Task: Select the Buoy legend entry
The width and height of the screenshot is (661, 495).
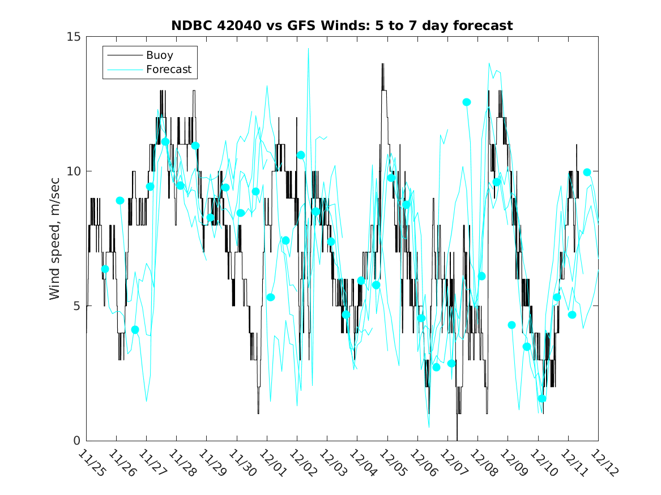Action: [159, 55]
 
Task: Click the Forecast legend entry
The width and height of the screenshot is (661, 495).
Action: [168, 70]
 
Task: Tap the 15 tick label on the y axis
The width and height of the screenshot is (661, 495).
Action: [75, 37]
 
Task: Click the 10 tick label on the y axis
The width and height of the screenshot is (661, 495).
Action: [75, 171]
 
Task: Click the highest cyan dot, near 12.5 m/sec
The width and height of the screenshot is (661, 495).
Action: [467, 102]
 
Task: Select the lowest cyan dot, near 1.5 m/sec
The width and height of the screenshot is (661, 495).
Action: [542, 398]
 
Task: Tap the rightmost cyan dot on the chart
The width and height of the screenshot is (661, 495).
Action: [587, 172]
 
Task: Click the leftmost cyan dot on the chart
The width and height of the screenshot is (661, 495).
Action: [105, 269]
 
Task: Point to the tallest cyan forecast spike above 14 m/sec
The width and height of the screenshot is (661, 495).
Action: [309, 49]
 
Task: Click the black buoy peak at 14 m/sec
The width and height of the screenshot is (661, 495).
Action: [382, 64]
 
